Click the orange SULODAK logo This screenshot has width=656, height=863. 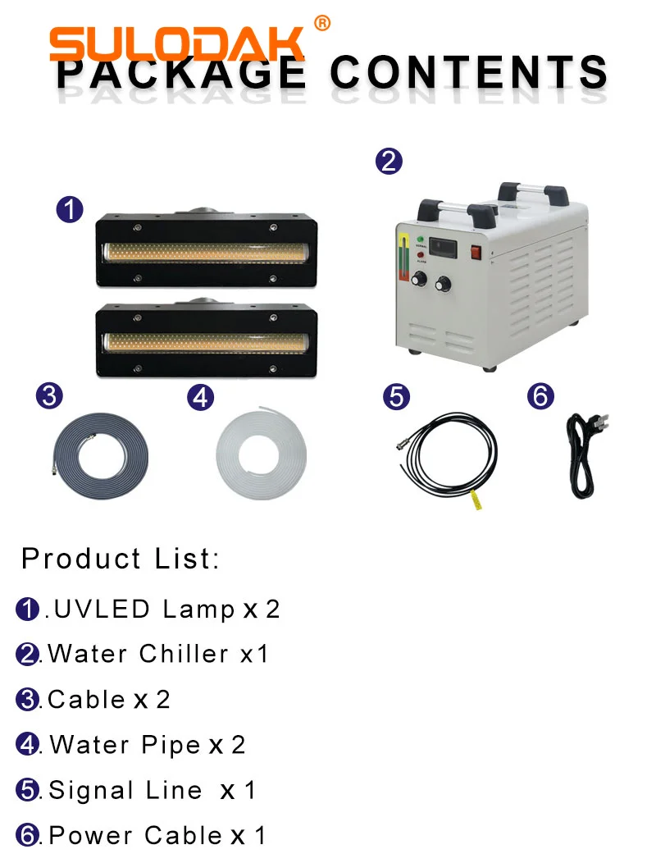click(176, 43)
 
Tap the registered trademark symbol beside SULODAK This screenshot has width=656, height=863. click(322, 24)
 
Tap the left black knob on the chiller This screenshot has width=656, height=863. click(421, 281)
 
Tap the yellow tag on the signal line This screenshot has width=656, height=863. click(473, 500)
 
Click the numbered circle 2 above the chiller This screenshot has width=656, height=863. click(389, 160)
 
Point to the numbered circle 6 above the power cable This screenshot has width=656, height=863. click(540, 396)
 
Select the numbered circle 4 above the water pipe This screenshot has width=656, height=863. click(200, 398)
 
